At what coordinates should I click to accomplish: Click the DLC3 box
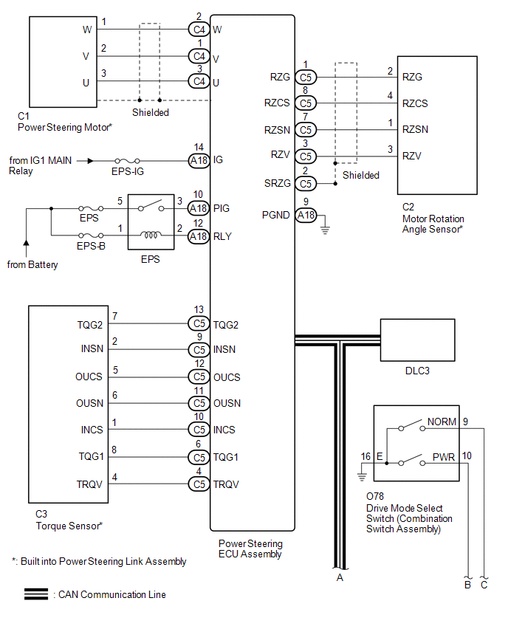point(417,340)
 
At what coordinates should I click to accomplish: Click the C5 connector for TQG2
point(198,323)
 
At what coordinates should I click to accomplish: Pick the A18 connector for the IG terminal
point(198,159)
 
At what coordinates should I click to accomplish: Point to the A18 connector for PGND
point(306,215)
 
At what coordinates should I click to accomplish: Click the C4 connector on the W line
point(198,30)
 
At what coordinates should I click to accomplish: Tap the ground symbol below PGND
point(325,230)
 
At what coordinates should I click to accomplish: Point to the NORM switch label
point(442,422)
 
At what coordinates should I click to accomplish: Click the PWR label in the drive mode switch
point(444,458)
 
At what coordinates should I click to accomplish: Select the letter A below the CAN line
point(340,577)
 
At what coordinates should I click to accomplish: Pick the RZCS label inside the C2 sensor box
point(414,103)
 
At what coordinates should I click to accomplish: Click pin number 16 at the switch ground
point(365,456)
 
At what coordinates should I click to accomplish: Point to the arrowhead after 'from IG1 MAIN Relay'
point(89,159)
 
